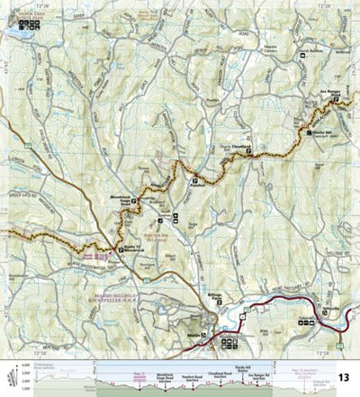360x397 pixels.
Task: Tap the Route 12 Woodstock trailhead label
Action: pos(131,250)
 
